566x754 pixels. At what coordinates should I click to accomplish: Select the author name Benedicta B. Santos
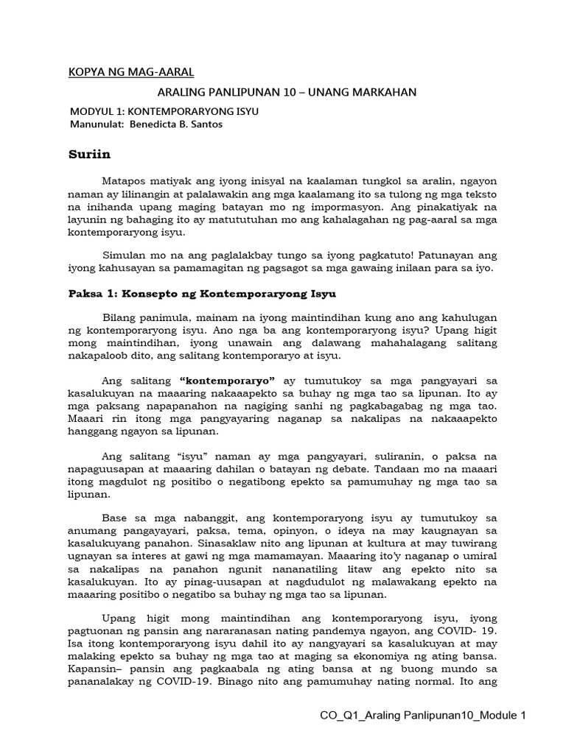(176, 124)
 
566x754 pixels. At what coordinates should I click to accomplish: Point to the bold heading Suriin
(88, 155)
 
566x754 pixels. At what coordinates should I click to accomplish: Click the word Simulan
(125, 255)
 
